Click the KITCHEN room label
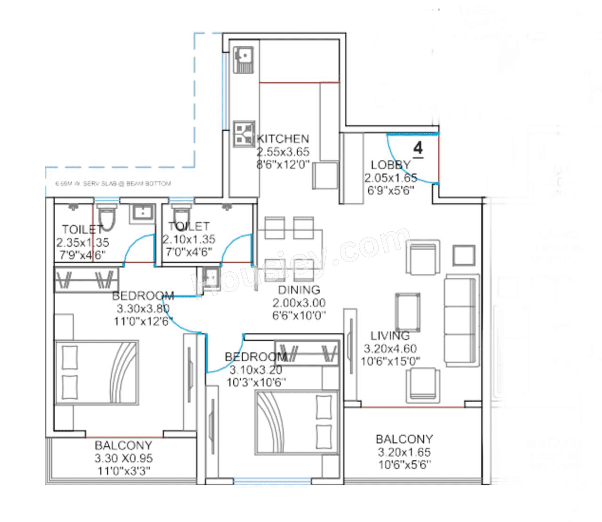[283, 139]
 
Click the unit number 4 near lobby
[418, 149]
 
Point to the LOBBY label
[390, 165]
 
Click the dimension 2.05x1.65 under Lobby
[390, 178]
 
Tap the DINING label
[299, 290]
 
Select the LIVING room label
[390, 336]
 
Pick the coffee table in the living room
[408, 313]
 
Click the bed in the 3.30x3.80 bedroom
[97, 371]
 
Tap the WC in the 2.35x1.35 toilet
[107, 219]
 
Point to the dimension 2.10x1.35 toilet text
[189, 239]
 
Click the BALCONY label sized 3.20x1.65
[404, 439]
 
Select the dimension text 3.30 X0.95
[124, 458]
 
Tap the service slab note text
[113, 184]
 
